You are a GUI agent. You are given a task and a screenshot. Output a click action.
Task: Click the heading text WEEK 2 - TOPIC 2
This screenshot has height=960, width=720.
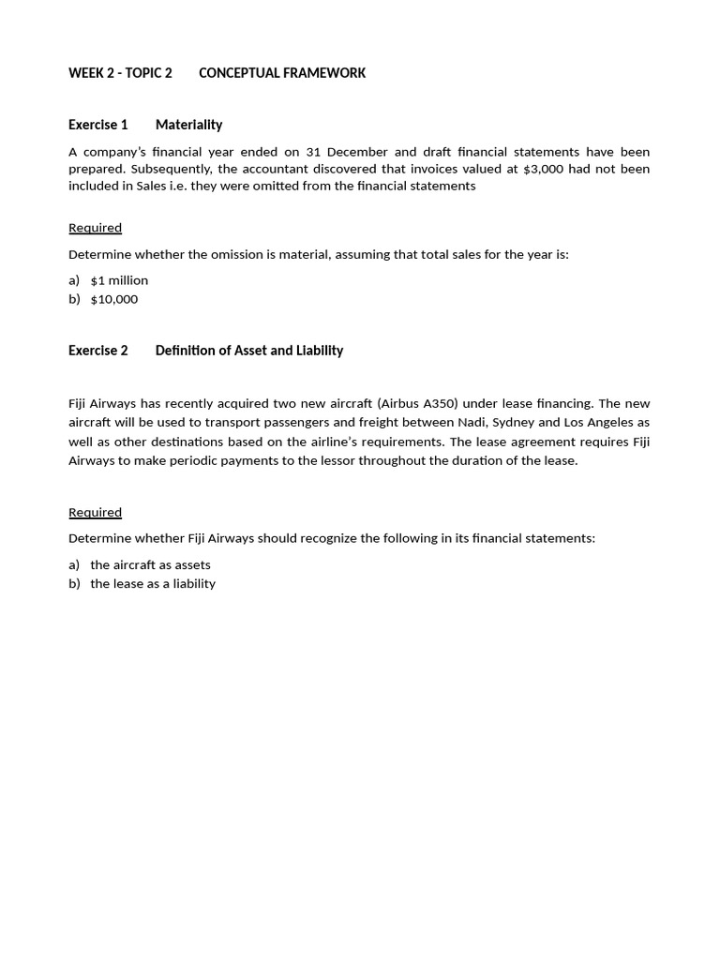click(x=120, y=73)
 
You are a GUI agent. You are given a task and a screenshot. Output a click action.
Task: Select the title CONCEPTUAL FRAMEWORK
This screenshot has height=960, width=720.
click(x=282, y=73)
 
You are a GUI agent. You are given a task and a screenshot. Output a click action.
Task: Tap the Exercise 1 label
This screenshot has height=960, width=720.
click(x=98, y=125)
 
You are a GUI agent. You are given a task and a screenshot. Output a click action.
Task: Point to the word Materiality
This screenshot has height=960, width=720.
click(x=188, y=125)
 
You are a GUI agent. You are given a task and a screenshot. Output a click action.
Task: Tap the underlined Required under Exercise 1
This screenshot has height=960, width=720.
click(x=95, y=228)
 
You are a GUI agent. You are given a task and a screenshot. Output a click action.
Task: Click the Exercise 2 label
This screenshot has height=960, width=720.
click(x=98, y=351)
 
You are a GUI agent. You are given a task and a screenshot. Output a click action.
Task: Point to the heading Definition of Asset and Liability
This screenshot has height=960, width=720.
click(x=249, y=351)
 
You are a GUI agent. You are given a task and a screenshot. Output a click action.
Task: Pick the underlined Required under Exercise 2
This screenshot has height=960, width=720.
click(x=95, y=513)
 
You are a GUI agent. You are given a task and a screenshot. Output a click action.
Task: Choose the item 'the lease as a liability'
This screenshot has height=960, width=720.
click(x=153, y=583)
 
